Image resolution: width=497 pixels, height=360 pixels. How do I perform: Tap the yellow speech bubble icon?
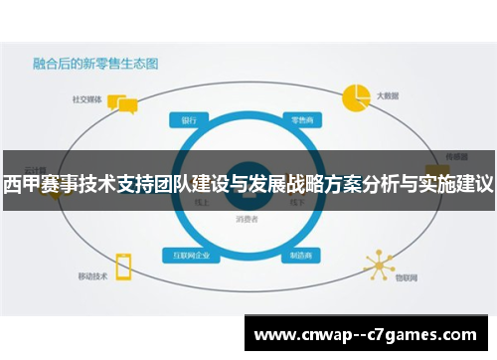point(121,104)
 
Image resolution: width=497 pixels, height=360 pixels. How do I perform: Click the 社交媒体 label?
point(84,99)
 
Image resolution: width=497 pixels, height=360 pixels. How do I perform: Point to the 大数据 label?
point(388,97)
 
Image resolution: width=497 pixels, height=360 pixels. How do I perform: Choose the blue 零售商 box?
point(299,120)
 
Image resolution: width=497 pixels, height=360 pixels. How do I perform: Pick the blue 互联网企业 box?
point(192,255)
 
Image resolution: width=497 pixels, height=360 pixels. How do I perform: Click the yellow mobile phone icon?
point(123,266)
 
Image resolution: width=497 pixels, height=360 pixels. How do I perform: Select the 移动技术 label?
point(91,275)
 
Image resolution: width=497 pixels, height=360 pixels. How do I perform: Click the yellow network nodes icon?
point(379,264)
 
